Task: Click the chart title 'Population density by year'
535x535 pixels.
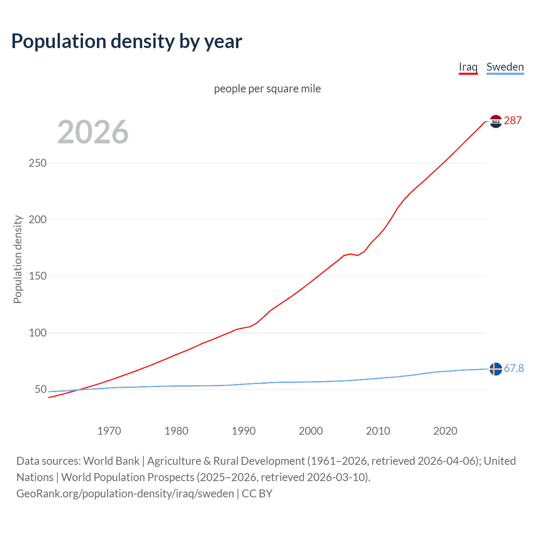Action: coord(127,41)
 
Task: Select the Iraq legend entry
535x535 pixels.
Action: coord(468,67)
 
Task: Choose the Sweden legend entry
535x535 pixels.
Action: coord(505,67)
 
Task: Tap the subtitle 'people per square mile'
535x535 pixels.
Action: coord(267,89)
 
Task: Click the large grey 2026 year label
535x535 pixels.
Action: coord(93,132)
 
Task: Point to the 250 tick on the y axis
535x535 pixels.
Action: coord(38,163)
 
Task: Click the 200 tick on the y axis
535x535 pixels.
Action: coord(38,219)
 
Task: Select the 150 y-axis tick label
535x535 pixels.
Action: coord(38,276)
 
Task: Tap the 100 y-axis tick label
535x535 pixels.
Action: coord(38,333)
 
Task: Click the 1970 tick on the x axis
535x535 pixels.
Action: coord(109,431)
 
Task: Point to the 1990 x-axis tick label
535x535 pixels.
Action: coord(244,431)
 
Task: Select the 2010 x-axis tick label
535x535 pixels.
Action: coord(378,431)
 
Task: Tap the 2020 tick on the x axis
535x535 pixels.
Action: coord(445,431)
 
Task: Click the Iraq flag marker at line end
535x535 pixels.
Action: coord(496,121)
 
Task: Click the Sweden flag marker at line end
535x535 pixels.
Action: coord(496,369)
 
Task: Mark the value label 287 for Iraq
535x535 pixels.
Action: coord(513,121)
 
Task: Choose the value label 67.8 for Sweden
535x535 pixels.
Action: coord(514,368)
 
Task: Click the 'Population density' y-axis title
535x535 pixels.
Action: coord(18,259)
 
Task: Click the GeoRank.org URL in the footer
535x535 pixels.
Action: coord(125,494)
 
